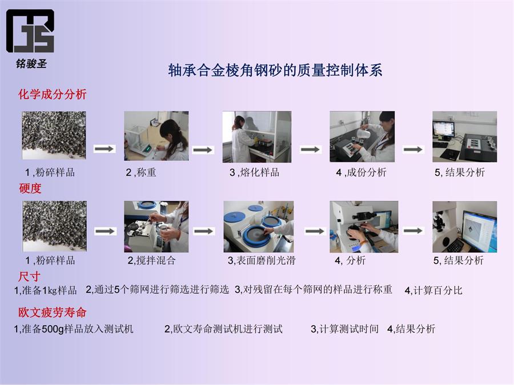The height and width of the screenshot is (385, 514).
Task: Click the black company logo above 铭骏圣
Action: [30, 31]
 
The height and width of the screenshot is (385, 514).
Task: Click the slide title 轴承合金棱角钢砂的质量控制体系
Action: [275, 70]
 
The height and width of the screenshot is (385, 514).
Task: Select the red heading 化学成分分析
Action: [52, 94]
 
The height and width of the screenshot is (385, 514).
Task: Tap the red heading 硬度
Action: [30, 188]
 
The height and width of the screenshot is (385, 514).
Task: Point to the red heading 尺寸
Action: [29, 277]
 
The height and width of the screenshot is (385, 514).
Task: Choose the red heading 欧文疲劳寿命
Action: [52, 313]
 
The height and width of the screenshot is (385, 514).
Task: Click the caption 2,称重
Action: [141, 172]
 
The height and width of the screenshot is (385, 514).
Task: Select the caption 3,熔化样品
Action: [254, 172]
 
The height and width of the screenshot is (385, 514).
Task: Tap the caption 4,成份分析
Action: [362, 172]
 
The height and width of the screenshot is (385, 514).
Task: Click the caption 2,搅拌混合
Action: [151, 260]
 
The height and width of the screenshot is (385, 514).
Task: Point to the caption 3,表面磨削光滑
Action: [262, 260]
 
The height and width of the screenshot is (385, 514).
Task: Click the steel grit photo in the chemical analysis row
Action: [54, 135]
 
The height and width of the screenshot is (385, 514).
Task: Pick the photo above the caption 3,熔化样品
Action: [256, 136]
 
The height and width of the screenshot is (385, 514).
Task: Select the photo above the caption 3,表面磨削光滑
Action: [258, 226]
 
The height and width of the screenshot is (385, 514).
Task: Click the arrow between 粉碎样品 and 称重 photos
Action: [105, 149]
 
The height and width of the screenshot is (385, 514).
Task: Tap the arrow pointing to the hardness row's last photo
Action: [413, 231]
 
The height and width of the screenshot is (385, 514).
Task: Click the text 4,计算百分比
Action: [433, 290]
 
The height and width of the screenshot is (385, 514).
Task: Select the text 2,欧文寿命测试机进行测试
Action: [223, 329]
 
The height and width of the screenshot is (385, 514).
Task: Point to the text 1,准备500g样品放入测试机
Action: [74, 329]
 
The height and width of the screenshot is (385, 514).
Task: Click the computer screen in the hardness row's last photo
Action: [479, 228]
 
